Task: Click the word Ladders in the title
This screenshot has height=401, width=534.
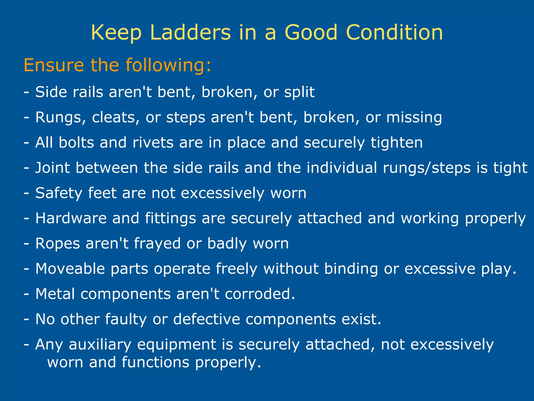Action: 190,32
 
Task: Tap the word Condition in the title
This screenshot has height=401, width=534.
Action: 394,32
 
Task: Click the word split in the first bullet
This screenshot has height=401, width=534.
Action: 299,92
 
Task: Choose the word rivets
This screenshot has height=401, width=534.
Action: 153,143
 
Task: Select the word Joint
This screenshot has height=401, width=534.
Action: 52,168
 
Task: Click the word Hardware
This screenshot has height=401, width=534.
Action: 71,218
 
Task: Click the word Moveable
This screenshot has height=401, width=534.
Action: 70,269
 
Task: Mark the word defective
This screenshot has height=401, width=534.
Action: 207,319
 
